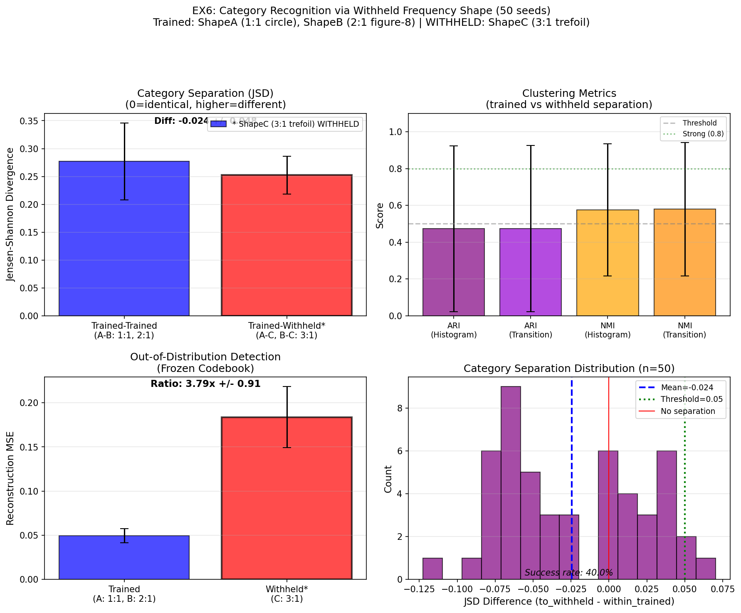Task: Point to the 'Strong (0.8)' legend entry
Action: (703, 134)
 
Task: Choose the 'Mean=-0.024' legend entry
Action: (687, 388)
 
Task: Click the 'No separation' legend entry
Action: (688, 411)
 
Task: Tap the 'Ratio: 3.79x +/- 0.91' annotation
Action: (205, 384)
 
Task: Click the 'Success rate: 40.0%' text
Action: (568, 573)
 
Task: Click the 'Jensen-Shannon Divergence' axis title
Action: (10, 214)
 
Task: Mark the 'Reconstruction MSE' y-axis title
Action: (10, 478)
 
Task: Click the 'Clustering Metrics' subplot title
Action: (569, 94)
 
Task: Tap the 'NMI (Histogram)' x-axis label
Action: (608, 330)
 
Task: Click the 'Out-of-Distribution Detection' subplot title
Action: (205, 357)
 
